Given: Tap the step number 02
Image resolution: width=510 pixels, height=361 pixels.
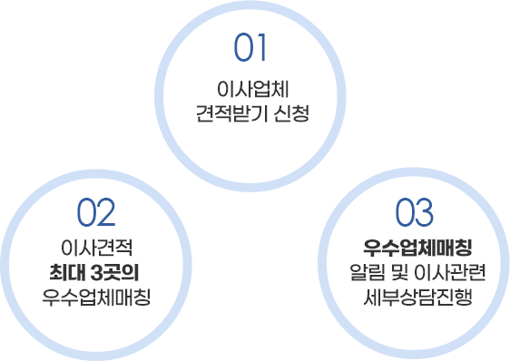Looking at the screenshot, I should (x=96, y=213).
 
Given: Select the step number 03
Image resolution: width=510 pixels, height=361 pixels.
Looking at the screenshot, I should (x=415, y=213).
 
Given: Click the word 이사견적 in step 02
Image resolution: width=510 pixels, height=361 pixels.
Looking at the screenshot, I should (x=96, y=249).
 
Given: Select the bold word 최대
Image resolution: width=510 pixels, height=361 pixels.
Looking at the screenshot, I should (x=70, y=273).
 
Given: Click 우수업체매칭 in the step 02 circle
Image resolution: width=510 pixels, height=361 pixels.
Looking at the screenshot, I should (x=96, y=298).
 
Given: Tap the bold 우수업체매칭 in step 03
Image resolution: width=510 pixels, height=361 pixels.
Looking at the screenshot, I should (x=414, y=248).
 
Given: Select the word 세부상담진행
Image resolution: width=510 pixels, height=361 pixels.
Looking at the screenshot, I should (x=414, y=298).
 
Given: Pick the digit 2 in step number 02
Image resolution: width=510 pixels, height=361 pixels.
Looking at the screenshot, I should (x=107, y=213).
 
